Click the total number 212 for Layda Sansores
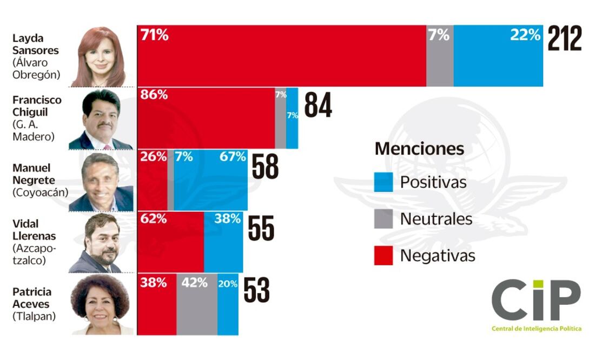[x=565, y=39]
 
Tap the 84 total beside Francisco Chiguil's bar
[x=318, y=105]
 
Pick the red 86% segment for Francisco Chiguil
[x=206, y=118]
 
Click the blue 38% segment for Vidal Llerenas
[x=223, y=242]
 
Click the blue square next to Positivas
[x=384, y=182]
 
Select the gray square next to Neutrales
[x=384, y=219]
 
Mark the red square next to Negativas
[x=384, y=256]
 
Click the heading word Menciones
[x=419, y=148]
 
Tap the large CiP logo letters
[x=535, y=301]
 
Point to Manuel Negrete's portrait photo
[x=101, y=182]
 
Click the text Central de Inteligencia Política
[x=536, y=329]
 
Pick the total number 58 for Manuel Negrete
[x=265, y=167]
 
